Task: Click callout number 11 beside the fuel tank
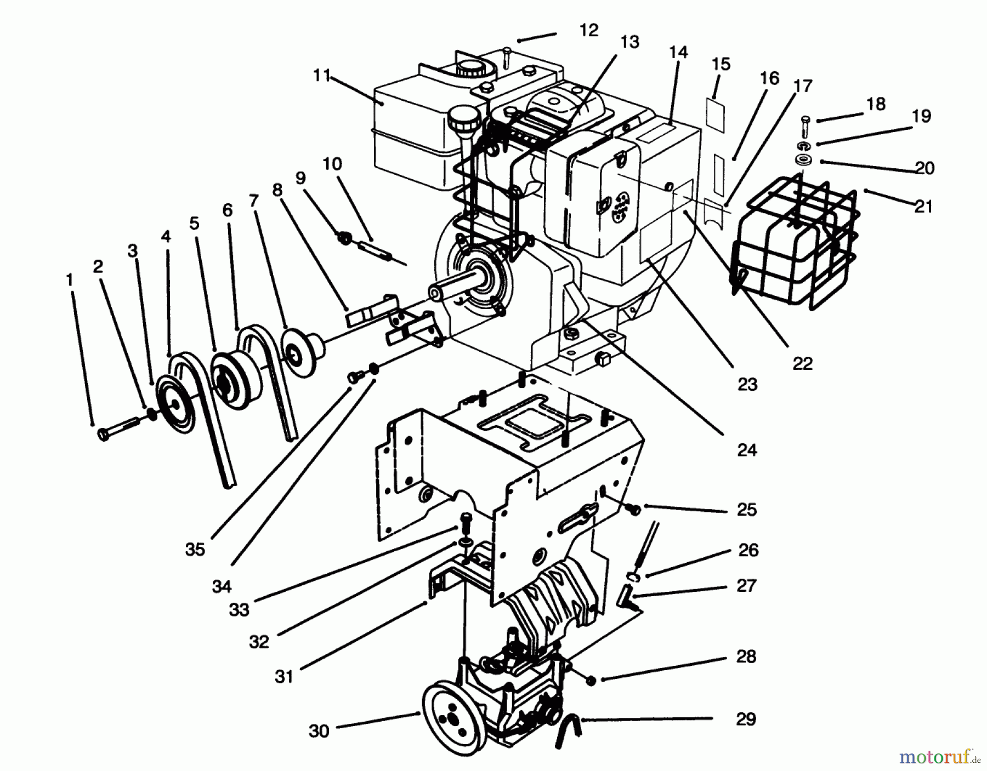pyautogui.click(x=322, y=76)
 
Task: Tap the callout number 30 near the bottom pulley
pyautogui.click(x=319, y=730)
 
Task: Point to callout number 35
pyautogui.click(x=195, y=549)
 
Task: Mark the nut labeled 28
pyautogui.click(x=591, y=680)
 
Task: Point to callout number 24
pyautogui.click(x=746, y=450)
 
